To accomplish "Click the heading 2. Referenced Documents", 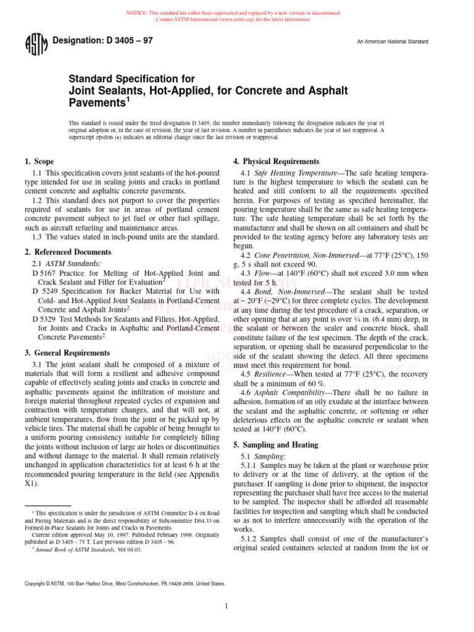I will [68, 252].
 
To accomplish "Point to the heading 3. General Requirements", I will [69, 352].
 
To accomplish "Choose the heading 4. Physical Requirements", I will [276, 162].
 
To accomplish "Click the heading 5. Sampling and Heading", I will [275, 444].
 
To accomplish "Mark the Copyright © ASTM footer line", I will [123, 583].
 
